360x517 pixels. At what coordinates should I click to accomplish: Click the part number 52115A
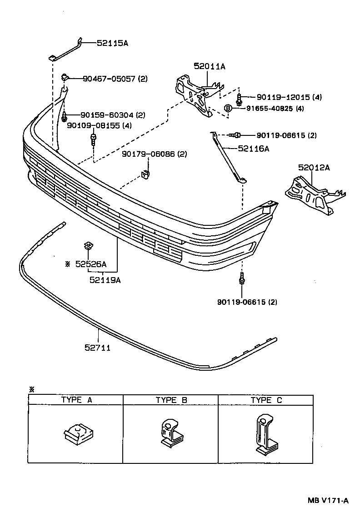click(x=112, y=43)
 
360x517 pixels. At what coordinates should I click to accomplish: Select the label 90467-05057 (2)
click(x=115, y=79)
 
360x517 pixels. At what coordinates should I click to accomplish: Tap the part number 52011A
click(x=209, y=66)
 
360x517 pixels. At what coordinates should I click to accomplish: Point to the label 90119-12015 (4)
click(x=289, y=97)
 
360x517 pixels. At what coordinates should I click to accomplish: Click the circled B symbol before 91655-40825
click(x=228, y=108)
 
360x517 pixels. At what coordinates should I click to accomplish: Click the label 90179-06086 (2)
click(x=155, y=154)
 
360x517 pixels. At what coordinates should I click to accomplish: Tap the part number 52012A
click(x=314, y=168)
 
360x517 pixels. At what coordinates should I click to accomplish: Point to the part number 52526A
click(x=91, y=263)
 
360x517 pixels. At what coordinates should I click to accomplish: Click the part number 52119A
click(x=105, y=280)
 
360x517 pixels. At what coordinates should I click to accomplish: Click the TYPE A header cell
click(x=76, y=400)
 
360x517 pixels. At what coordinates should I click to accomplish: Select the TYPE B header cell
click(x=171, y=400)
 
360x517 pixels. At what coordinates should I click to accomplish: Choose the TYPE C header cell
click(x=266, y=400)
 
